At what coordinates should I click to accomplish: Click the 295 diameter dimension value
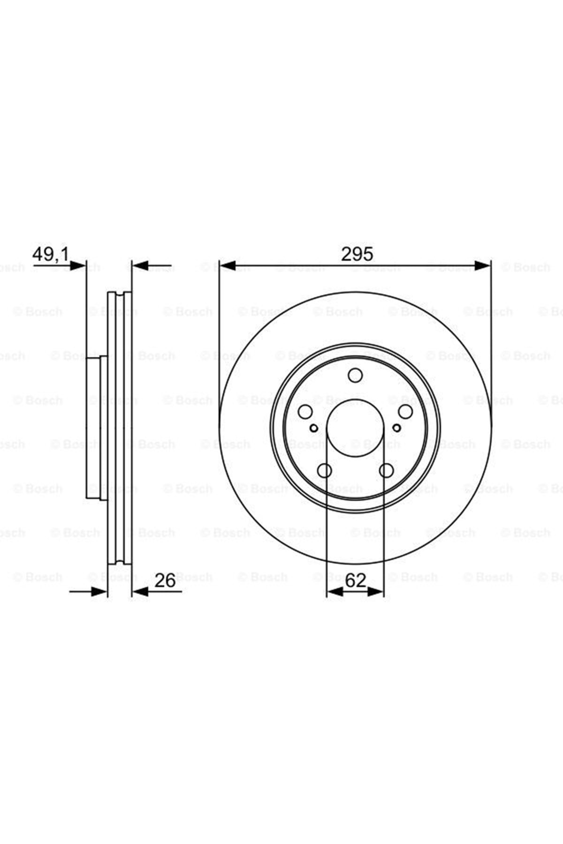[357, 254]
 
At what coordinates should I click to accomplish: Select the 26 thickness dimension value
[165, 580]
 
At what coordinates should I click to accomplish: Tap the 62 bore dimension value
[355, 580]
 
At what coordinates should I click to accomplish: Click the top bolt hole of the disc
[355, 375]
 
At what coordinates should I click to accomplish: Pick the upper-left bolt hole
[305, 412]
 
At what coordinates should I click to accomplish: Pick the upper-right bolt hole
[405, 411]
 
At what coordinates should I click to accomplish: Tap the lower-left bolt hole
[325, 470]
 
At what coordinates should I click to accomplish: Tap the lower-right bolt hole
[386, 470]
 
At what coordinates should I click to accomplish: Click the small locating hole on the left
[314, 428]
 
